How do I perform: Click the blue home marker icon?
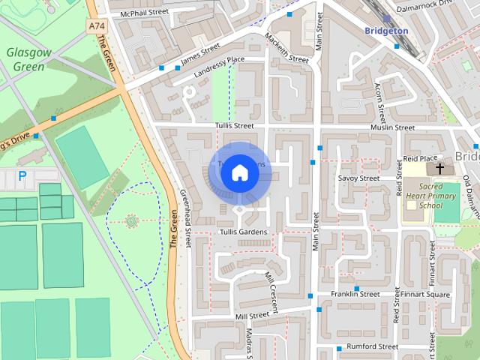tap(239, 172)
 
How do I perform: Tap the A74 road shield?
tap(96, 26)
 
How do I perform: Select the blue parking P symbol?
tap(22, 176)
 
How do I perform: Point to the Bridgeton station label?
tap(386, 31)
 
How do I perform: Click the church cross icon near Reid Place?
tap(439, 168)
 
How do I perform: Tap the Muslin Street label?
tap(392, 127)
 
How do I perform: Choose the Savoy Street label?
tap(358, 178)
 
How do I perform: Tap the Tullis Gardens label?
tap(242, 232)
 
